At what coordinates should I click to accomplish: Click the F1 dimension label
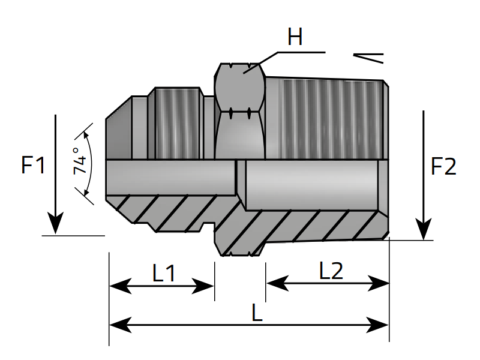point(34,165)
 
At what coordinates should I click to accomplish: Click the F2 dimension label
point(444,167)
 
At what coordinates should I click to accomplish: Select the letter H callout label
point(295,37)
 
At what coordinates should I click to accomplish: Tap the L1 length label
point(164,274)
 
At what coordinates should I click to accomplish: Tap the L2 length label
point(331,272)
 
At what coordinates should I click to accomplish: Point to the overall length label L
point(257,313)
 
